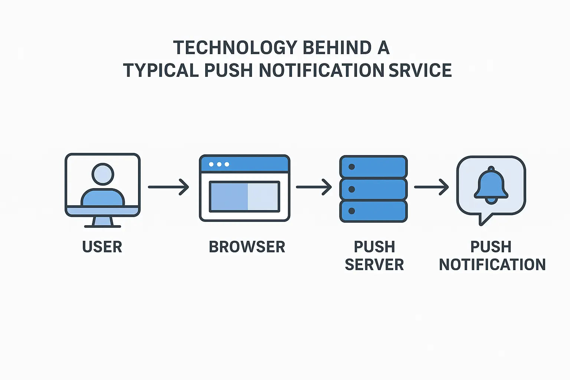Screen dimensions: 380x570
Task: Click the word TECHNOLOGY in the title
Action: click(x=235, y=47)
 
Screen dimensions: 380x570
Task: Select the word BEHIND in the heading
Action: click(x=337, y=47)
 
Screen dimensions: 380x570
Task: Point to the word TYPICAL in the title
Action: click(x=161, y=70)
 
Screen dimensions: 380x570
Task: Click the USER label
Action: click(x=102, y=247)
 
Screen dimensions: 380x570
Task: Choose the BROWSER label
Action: click(x=247, y=247)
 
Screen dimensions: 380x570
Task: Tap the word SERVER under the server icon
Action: click(x=374, y=265)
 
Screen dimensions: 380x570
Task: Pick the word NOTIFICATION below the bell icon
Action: click(x=492, y=265)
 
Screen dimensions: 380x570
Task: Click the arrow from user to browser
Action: click(x=168, y=187)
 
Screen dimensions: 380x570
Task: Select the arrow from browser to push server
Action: click(x=314, y=187)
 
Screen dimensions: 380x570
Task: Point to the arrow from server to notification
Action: click(x=432, y=187)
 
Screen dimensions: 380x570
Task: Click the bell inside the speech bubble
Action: click(x=491, y=185)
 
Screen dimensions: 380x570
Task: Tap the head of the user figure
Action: click(x=103, y=174)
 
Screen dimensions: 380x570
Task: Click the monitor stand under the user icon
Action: click(x=102, y=222)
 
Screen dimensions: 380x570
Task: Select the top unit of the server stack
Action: click(x=373, y=167)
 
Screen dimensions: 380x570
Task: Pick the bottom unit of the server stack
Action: click(x=373, y=211)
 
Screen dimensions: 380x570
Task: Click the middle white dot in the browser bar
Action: click(x=219, y=164)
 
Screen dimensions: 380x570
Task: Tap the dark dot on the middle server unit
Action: click(x=352, y=189)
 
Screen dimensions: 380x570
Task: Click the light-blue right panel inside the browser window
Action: click(x=263, y=197)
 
